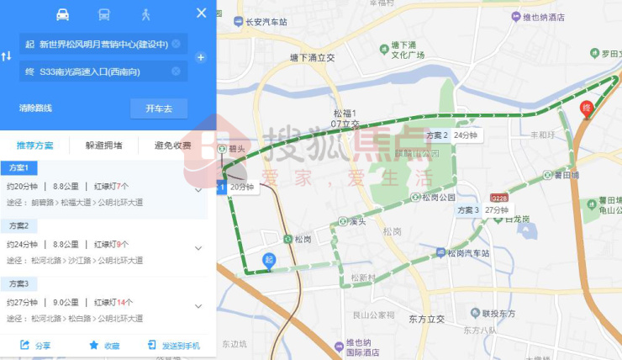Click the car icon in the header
(x=63, y=14)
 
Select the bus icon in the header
(x=104, y=14)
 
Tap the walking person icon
(x=145, y=14)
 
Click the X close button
(x=201, y=13)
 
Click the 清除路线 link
(x=36, y=109)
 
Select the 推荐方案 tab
(x=34, y=146)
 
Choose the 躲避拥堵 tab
(x=103, y=146)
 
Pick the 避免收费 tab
(x=172, y=146)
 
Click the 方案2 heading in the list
(x=18, y=226)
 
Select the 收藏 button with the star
(x=104, y=346)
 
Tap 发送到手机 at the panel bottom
(x=174, y=346)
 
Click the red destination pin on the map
(x=588, y=109)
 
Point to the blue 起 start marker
(x=269, y=260)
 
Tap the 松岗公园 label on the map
(x=439, y=198)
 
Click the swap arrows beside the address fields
(x=7, y=56)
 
